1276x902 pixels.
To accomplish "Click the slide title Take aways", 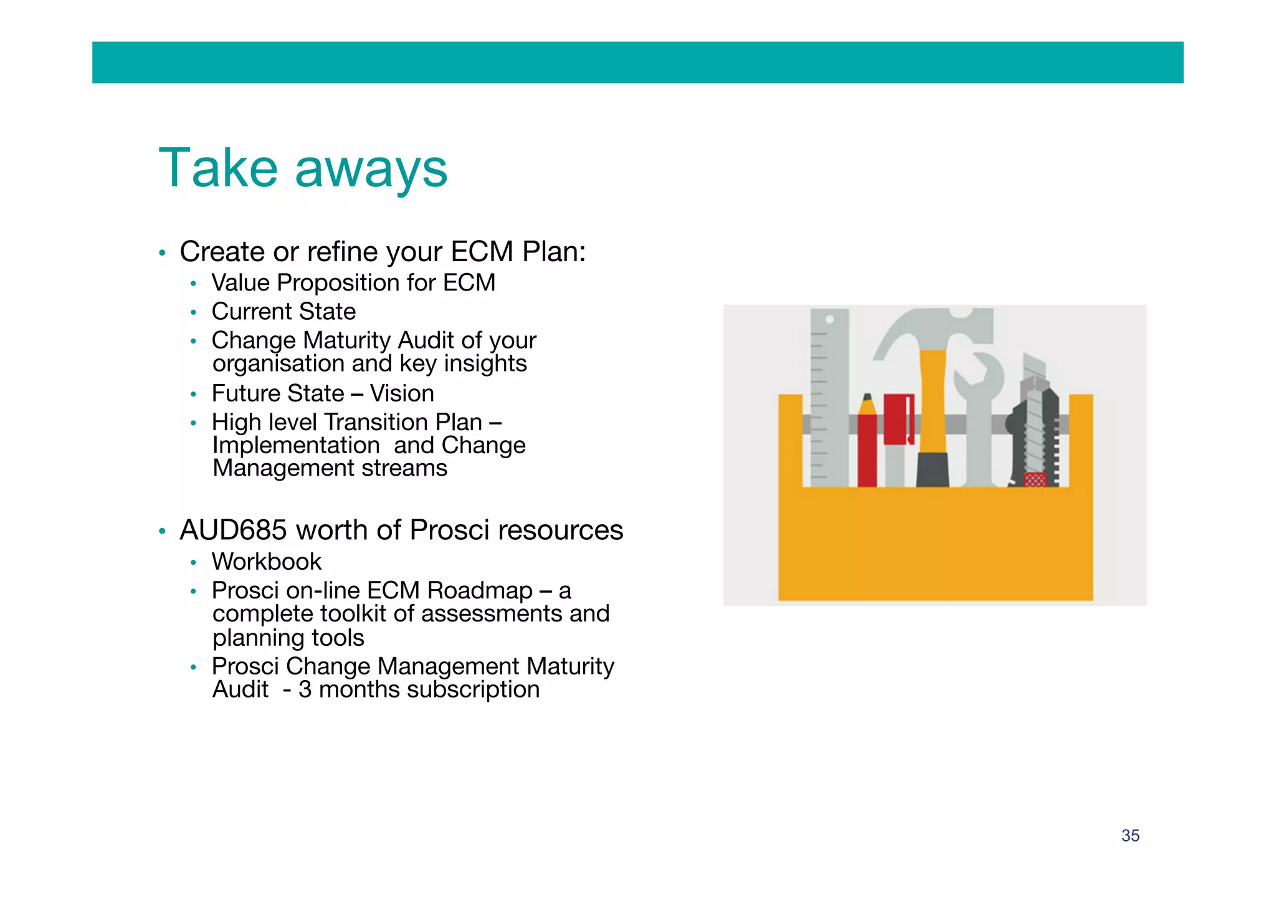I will (303, 168).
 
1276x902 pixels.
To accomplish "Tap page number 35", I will (1130, 835).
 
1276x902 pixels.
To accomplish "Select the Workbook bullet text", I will (266, 562).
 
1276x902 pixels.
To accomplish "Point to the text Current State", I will (283, 312).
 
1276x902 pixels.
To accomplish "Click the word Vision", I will (402, 393).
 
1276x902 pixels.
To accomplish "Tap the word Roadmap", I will (480, 590).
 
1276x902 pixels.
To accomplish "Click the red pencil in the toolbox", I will (867, 443).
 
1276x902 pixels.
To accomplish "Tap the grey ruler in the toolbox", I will (829, 399).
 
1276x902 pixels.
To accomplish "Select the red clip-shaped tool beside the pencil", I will (898, 419).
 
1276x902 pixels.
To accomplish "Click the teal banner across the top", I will (637, 62).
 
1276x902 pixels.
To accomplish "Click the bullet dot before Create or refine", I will (162, 253).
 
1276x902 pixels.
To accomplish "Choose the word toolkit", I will (351, 614).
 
